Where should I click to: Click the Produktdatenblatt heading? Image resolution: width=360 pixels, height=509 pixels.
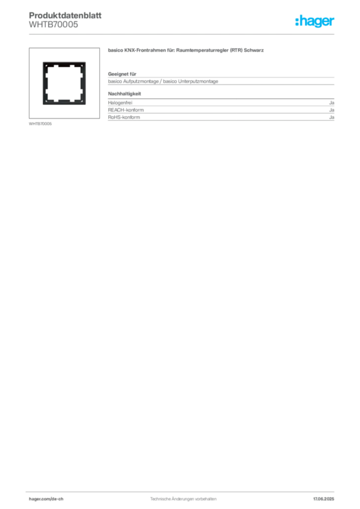coord(65,15)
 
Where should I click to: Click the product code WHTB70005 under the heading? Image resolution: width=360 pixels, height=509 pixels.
coord(54,25)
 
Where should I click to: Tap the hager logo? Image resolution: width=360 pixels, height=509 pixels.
coord(315,21)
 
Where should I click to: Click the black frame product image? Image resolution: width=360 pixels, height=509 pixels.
coord(64,65)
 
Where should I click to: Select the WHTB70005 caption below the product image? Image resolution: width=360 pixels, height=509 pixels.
coord(40,124)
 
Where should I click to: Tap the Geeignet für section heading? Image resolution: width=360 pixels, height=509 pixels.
coord(122,74)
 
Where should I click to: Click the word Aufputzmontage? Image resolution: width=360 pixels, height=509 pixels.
coord(141,82)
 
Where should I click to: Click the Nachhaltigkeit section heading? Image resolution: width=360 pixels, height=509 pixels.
coord(124,94)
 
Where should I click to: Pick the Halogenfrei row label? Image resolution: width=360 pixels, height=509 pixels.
coord(120,102)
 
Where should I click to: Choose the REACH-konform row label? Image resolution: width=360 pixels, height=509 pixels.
coord(126,110)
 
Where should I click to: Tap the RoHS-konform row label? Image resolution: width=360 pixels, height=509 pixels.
coord(124,117)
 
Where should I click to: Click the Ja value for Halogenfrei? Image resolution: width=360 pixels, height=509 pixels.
coord(332,102)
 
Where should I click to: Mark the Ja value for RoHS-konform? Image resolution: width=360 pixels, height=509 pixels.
coord(332,117)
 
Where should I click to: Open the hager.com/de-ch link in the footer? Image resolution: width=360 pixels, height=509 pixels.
coord(46,499)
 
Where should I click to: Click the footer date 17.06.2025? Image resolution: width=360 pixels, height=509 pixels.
coord(324,499)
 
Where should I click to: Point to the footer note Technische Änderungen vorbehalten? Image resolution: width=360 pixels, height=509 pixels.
coord(183,499)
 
